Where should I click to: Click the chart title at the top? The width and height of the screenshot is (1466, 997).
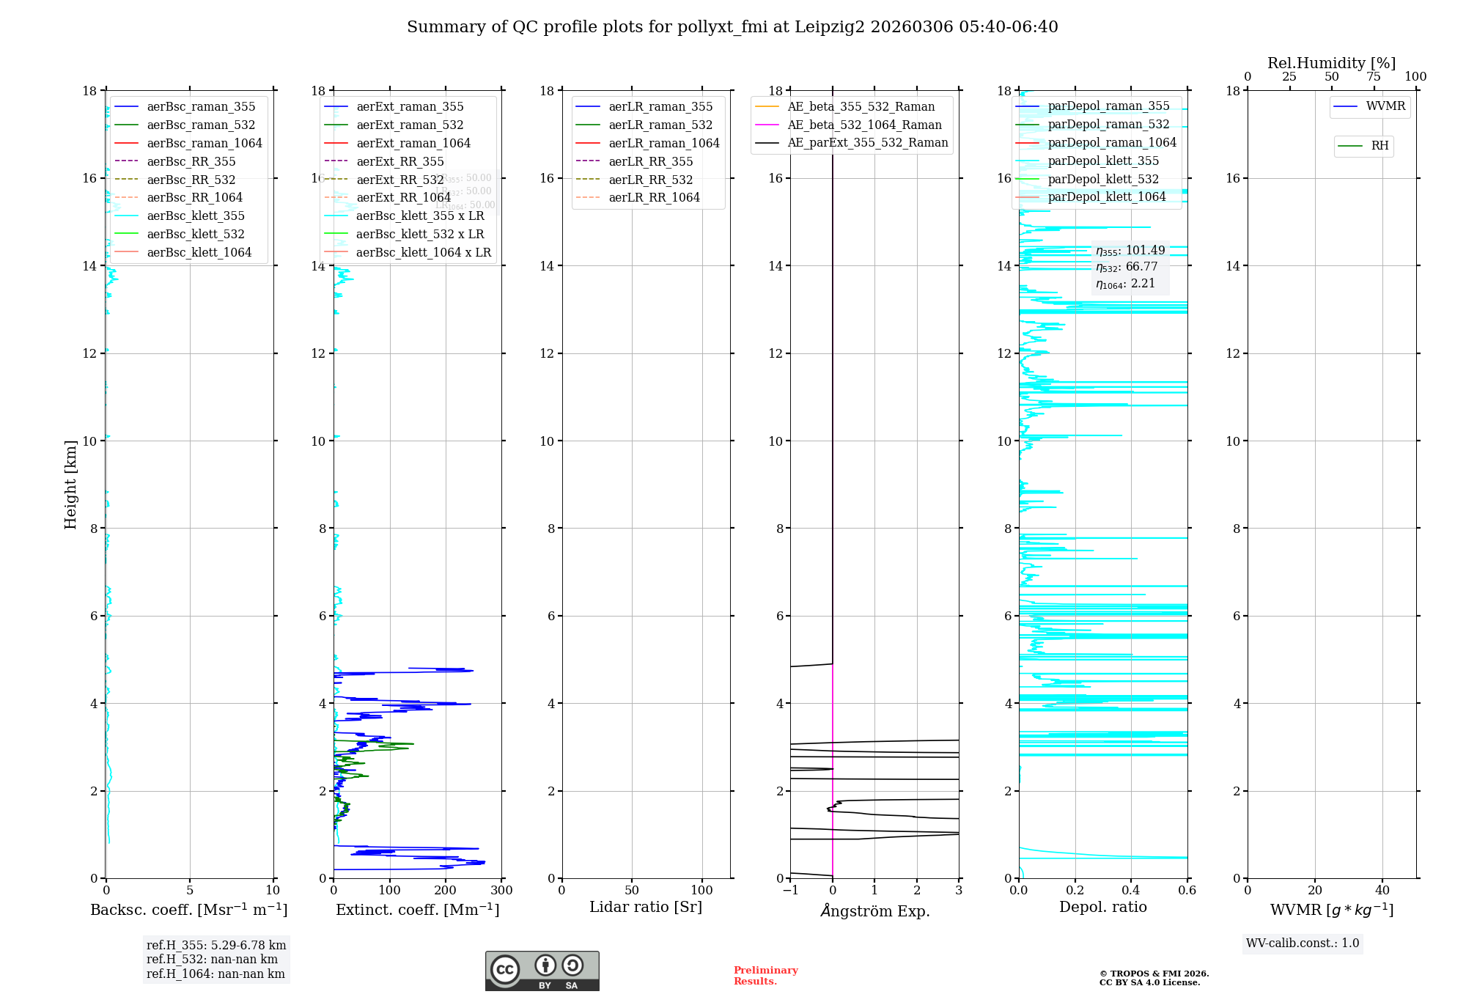click(732, 27)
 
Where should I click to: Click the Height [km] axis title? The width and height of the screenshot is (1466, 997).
click(70, 484)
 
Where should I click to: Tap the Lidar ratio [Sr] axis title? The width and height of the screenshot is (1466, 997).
click(646, 908)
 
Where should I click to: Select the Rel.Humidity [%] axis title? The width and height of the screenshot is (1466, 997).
click(1331, 63)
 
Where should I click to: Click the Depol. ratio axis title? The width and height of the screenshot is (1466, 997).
click(1102, 908)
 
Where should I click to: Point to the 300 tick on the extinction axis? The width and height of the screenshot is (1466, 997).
click(501, 891)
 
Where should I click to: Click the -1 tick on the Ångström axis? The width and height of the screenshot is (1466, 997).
click(789, 891)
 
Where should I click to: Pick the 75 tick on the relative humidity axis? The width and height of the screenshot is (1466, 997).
click(1373, 77)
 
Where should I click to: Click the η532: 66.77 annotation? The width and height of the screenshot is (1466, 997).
click(1127, 267)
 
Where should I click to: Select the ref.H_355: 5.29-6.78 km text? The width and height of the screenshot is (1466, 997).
click(216, 946)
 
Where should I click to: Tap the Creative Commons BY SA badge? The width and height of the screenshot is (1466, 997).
click(542, 971)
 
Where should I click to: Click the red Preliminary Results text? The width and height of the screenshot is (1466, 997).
click(765, 976)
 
